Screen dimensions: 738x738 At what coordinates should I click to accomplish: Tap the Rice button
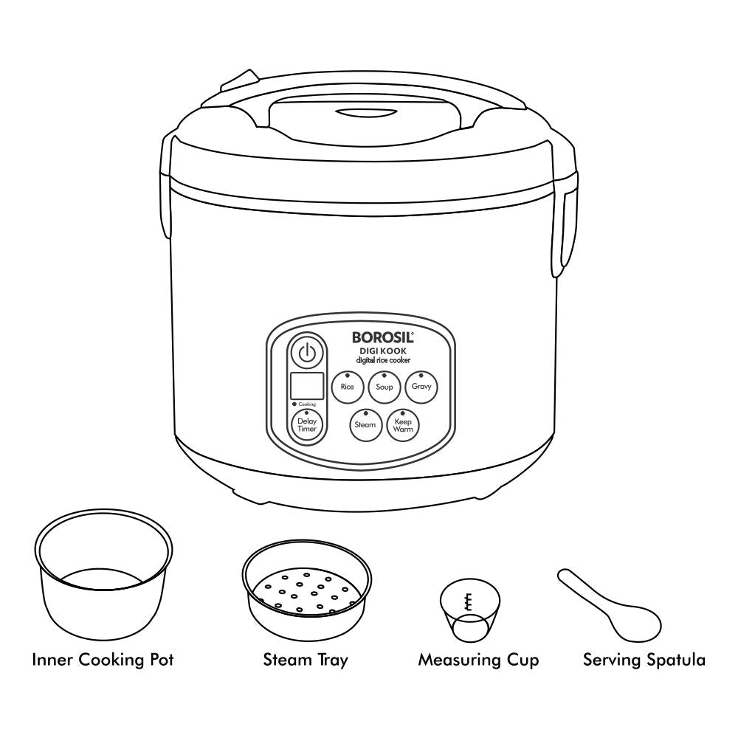(x=347, y=387)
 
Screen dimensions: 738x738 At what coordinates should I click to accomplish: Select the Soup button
(x=384, y=387)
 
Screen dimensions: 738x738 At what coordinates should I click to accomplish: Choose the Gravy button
(x=422, y=387)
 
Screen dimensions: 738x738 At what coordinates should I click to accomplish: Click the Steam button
(x=365, y=425)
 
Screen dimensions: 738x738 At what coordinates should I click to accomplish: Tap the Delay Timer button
(x=307, y=425)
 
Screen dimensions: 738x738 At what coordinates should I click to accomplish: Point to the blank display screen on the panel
(x=307, y=386)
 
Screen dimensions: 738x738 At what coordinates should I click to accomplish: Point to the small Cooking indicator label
(x=305, y=404)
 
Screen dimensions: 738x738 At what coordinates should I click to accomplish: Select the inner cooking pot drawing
(x=104, y=583)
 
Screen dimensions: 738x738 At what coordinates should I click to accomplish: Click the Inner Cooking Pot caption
(x=103, y=660)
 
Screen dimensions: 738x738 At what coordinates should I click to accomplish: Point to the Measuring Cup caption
(x=478, y=660)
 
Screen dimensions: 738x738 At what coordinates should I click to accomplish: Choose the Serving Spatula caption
(x=644, y=660)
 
